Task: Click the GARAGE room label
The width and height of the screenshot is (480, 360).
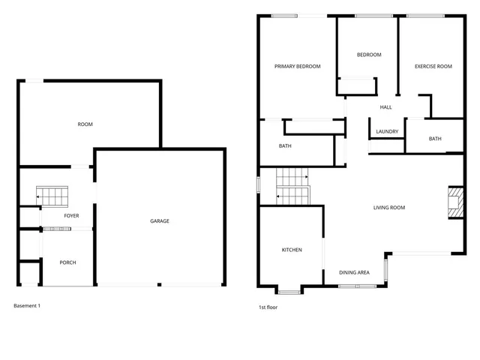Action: point(160,221)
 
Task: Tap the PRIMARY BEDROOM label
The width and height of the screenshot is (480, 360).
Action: point(297,67)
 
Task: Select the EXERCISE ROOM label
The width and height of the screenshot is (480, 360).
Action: point(433,67)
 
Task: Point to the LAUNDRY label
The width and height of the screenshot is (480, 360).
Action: point(387,132)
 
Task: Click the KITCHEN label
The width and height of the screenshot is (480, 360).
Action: point(292,250)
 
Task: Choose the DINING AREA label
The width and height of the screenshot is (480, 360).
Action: point(354,272)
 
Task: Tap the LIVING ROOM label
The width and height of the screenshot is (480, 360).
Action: point(389,208)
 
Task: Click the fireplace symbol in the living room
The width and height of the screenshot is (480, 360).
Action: point(454,202)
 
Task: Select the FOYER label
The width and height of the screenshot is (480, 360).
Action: point(71,216)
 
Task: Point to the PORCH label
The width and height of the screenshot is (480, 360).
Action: point(68,262)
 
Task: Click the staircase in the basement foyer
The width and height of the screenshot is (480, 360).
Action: point(54,197)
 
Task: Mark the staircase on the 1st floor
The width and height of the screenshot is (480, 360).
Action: point(293,187)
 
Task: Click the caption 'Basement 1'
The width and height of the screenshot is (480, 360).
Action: point(28,306)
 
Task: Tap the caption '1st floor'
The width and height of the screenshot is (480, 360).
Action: point(268,307)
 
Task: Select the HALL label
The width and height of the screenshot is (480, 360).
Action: point(385,107)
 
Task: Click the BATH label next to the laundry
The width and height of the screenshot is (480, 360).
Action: point(435,139)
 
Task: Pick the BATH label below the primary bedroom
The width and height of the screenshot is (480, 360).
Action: point(285,146)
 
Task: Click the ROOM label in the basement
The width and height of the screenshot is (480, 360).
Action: point(85,124)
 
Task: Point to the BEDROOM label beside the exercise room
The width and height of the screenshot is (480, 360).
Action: point(369,55)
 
